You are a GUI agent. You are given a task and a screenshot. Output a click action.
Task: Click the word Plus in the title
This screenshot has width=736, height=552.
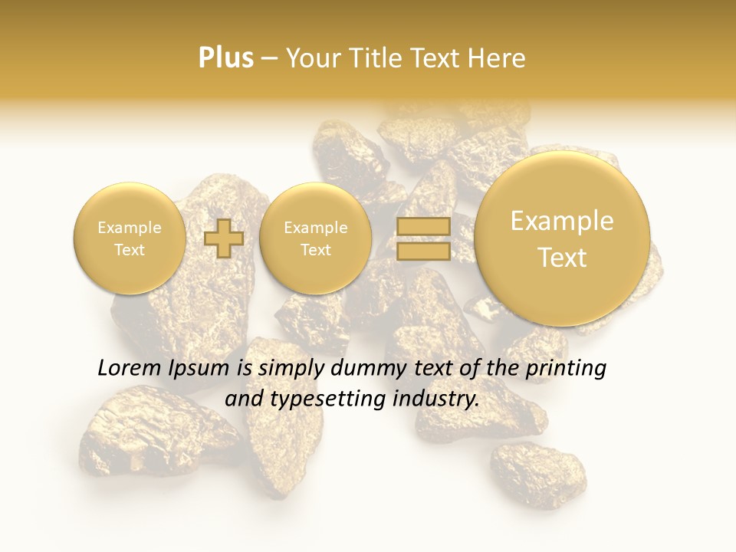225,58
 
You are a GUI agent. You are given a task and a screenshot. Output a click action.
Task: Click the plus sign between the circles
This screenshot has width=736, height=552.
223,238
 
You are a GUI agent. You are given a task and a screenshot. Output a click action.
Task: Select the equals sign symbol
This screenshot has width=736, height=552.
423,238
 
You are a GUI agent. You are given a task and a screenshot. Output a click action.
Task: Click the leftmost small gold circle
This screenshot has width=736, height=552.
129,238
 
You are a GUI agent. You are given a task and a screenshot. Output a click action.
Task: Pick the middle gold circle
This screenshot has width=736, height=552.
315,238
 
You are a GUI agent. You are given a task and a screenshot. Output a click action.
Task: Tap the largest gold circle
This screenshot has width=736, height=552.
562,238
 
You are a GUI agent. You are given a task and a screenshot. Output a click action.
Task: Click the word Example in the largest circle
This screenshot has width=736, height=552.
562,221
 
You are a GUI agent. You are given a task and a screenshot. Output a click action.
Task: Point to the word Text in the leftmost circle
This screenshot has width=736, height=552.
129,250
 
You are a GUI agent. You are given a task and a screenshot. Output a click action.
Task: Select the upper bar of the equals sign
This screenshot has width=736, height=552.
423,226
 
